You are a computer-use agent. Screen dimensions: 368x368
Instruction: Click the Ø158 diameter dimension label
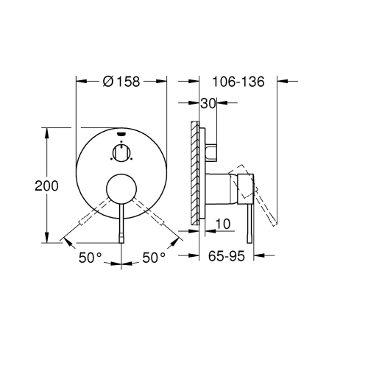(x=121, y=82)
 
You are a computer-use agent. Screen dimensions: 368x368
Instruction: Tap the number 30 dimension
(x=207, y=105)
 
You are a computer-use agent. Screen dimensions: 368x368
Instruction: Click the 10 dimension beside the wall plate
(x=223, y=222)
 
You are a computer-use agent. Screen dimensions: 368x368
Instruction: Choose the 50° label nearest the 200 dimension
(x=91, y=258)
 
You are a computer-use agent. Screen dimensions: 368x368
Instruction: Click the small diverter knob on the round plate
(x=121, y=153)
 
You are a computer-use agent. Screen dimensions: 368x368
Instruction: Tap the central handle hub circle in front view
(x=121, y=189)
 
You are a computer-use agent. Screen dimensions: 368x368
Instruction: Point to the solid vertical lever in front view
(x=121, y=224)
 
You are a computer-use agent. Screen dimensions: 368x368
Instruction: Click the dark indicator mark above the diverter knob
(x=121, y=135)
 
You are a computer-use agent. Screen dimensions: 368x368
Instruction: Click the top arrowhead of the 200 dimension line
(x=47, y=132)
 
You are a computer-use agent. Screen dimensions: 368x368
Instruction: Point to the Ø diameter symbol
(x=107, y=82)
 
